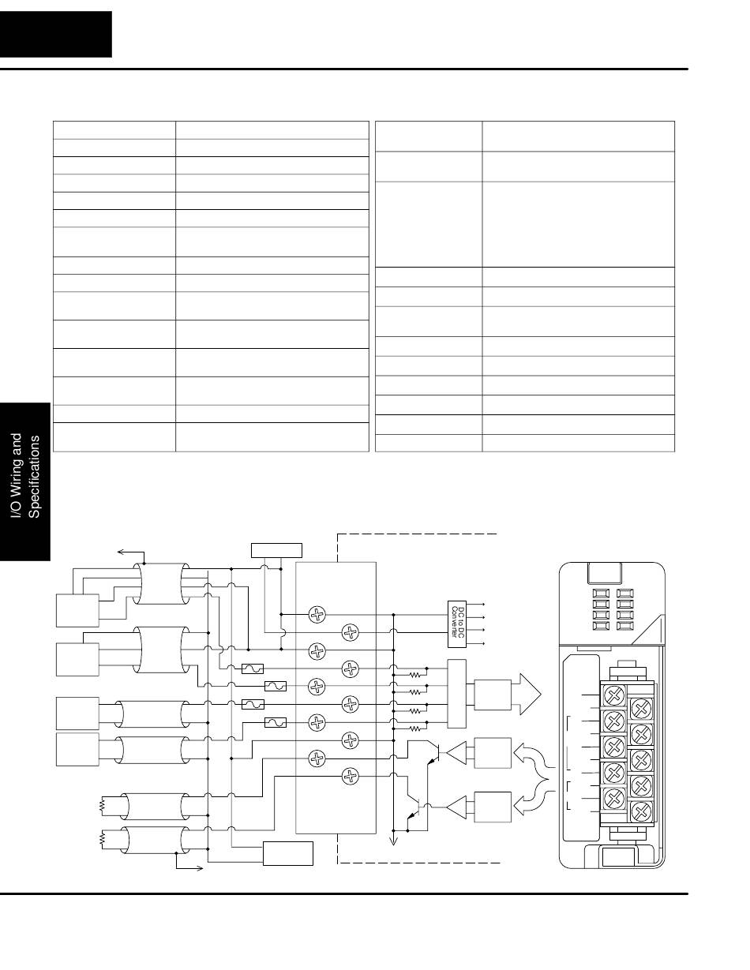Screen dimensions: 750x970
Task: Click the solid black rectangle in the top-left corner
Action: tap(55, 34)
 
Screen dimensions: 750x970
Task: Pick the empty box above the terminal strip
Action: tap(276, 549)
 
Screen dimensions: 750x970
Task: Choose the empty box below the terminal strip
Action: tap(287, 853)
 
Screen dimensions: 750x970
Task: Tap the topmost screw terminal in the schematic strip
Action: tap(316, 613)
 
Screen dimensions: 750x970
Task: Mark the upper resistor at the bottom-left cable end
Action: tap(101, 806)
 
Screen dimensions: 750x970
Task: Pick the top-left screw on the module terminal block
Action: tap(613, 695)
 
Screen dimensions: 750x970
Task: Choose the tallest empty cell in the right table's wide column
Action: tap(577, 224)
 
